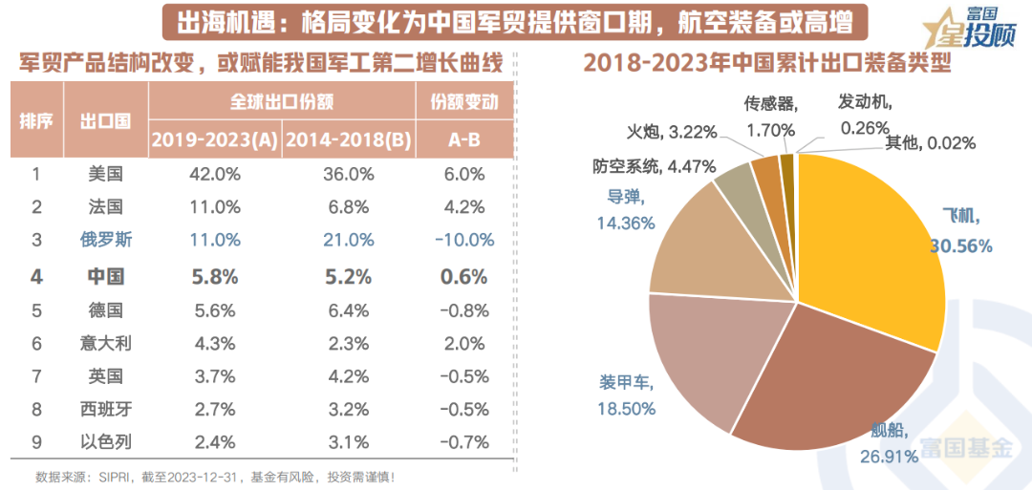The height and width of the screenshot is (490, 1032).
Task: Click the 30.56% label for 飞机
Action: pyautogui.click(x=966, y=245)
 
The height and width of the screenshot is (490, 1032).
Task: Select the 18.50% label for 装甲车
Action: pyautogui.click(x=627, y=408)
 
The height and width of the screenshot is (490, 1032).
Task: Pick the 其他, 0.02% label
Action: pyautogui.click(x=930, y=143)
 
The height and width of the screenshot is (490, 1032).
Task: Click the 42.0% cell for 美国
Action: pyautogui.click(x=214, y=174)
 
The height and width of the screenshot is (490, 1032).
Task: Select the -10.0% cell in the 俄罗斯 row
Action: pyautogui.click(x=463, y=240)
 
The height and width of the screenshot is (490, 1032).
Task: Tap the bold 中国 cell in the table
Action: pyautogui.click(x=105, y=276)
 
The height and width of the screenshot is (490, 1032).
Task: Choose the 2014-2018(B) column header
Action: pyautogui.click(x=347, y=139)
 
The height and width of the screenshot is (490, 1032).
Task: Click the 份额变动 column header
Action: pyautogui.click(x=464, y=102)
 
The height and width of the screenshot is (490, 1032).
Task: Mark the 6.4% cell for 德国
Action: pyautogui.click(x=347, y=309)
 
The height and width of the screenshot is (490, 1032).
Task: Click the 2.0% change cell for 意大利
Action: pyautogui.click(x=463, y=343)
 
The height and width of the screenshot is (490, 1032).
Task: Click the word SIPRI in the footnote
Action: pyautogui.click(x=108, y=476)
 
